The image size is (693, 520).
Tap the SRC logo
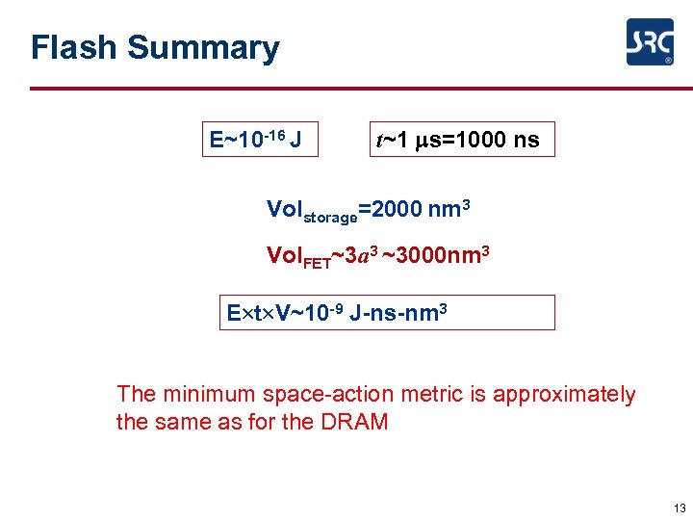coord(650,42)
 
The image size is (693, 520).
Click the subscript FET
coord(315,262)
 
